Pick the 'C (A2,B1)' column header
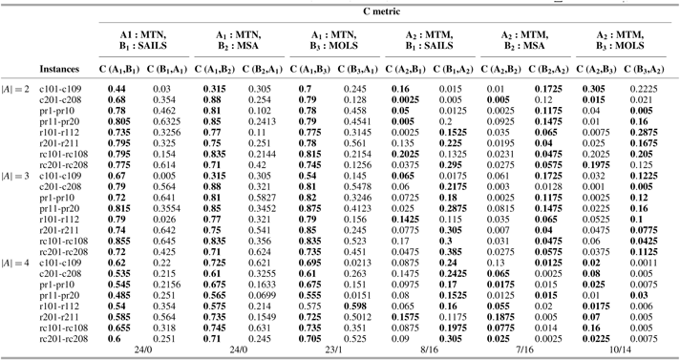pos(400,70)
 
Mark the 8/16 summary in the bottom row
pos(421,350)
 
